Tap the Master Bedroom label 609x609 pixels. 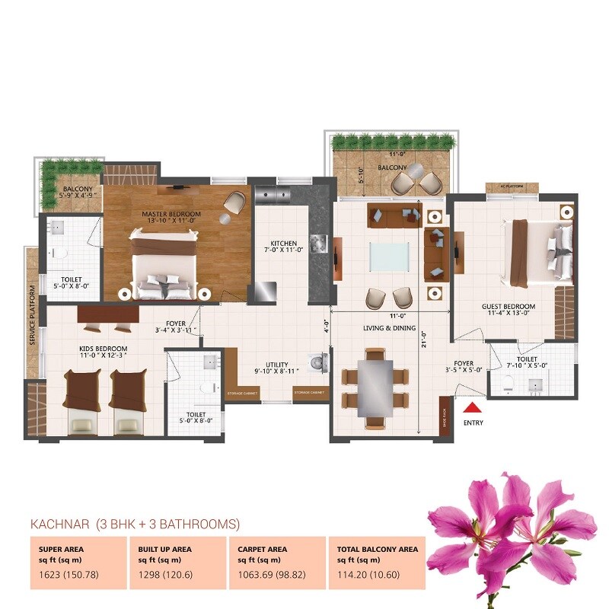pos(171,215)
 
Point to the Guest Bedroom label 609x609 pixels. pos(509,307)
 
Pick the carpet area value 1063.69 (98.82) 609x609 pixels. pos(268,574)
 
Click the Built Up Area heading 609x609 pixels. pos(165,548)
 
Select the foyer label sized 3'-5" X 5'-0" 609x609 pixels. pos(464,368)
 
